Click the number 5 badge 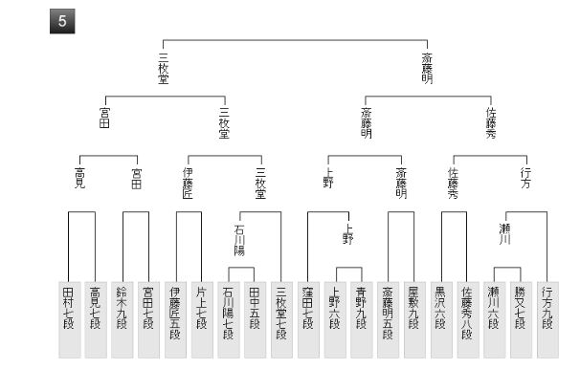point(62,21)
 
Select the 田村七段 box point(69,319)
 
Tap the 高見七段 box point(96,319)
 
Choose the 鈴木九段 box point(123,319)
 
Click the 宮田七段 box point(148,319)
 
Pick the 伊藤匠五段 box point(175,319)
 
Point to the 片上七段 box point(202,319)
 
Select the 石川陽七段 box point(229,319)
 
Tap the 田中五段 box point(255,319)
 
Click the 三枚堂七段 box point(281,319)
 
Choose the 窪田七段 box point(308,319)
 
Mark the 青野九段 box point(362,319)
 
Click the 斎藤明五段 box point(388,319)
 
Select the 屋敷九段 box point(414,319)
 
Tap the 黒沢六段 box point(441,319)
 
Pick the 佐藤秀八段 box point(468,319)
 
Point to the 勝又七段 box point(521,319)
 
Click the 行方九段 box point(547,319)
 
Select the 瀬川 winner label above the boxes point(505,233)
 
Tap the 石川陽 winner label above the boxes point(239,240)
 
